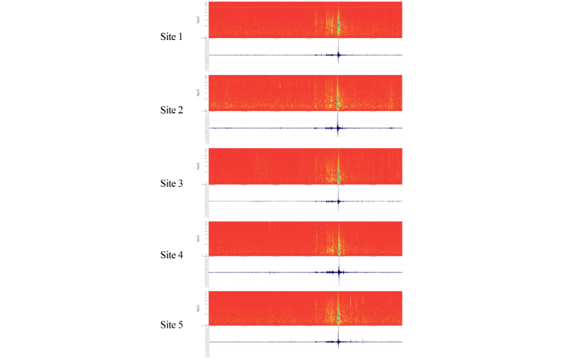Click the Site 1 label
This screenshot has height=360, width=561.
172,36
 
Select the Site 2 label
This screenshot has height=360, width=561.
172,110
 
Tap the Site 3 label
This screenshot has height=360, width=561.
172,184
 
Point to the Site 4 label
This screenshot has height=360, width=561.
172,255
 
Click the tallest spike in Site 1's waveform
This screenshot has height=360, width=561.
338,54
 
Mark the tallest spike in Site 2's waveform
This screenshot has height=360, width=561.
338,128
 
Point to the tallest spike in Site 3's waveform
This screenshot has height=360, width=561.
338,201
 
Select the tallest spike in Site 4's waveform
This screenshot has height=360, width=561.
338,272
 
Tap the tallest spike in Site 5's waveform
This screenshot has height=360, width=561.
338,342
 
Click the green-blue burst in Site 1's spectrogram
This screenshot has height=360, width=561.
338,27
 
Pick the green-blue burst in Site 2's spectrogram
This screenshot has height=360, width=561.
338,100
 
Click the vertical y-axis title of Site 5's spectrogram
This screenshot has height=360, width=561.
199,308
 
